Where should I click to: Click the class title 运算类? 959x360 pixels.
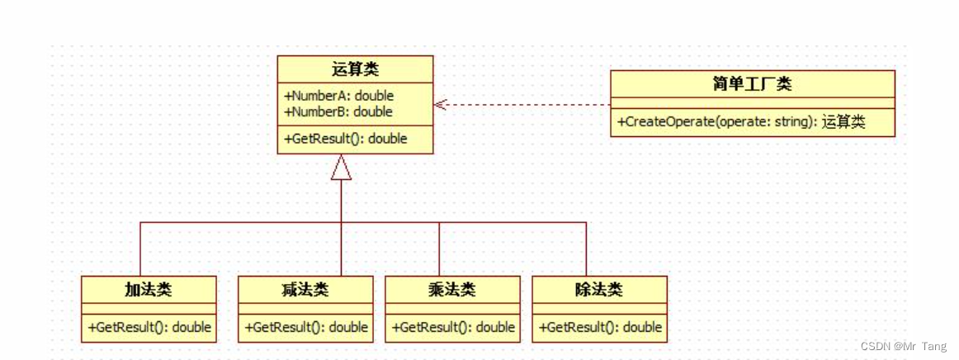(354, 69)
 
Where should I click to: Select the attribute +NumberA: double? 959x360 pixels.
(338, 95)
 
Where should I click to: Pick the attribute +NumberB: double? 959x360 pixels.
(338, 111)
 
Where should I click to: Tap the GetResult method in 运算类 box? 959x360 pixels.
(346, 139)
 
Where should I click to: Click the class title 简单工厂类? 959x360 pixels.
(751, 83)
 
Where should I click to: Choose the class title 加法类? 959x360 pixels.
(149, 289)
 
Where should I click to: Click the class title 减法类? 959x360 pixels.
(305, 289)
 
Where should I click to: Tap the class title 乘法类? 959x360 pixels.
(452, 289)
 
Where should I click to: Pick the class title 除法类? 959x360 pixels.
(598, 289)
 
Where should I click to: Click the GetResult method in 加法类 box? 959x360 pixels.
(149, 327)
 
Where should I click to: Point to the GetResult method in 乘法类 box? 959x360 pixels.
(453, 327)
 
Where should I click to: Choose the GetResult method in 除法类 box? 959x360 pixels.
(600, 327)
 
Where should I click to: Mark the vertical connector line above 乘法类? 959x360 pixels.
(439, 248)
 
